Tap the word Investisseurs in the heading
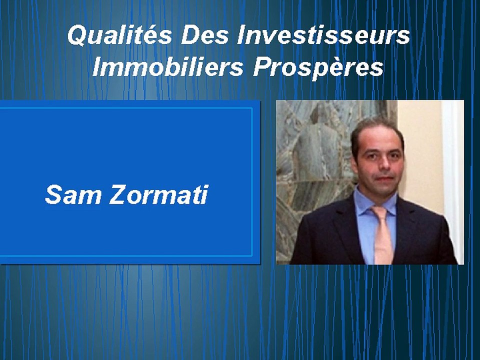pyautogui.click(x=324, y=36)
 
